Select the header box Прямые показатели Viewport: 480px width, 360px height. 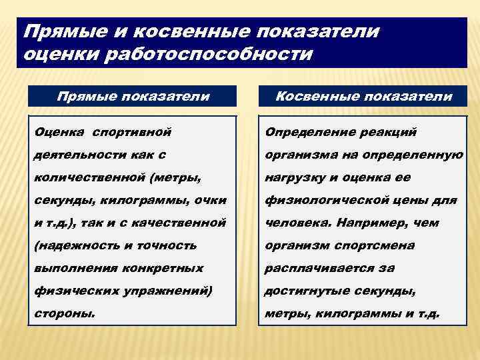pos(133,96)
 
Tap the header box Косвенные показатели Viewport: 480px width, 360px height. pos(363,96)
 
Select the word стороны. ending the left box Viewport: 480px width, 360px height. pos(59,313)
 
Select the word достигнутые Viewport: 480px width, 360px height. pos(302,290)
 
